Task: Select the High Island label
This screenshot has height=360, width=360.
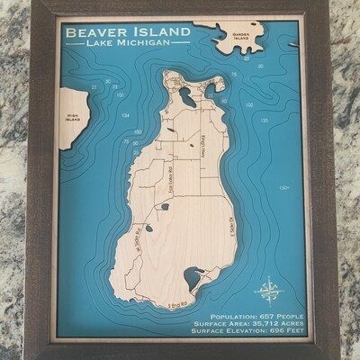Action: tap(75, 118)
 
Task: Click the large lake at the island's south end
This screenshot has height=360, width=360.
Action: tap(192, 278)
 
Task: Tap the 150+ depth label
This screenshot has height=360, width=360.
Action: tap(283, 188)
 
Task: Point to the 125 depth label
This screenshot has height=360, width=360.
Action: tap(263, 119)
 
